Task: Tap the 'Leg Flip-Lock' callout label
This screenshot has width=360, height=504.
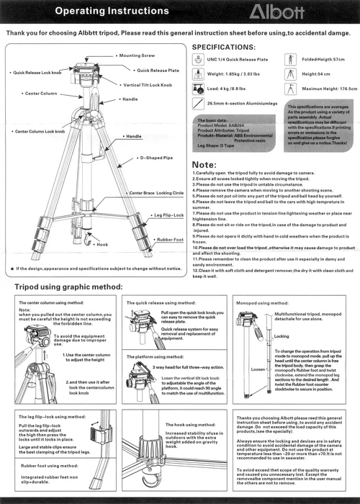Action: [x=168, y=215]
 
